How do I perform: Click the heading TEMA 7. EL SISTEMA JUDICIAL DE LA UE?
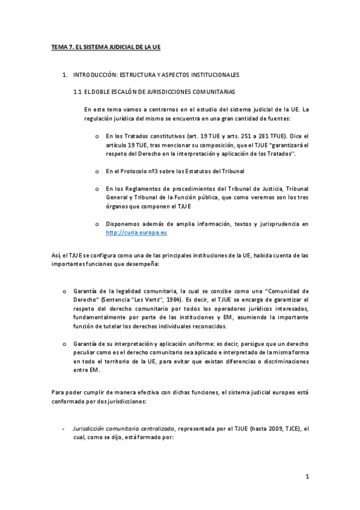106,46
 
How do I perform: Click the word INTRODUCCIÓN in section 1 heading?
94,75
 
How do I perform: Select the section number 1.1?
77,91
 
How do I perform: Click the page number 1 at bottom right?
307,477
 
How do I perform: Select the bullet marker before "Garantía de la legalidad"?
64,290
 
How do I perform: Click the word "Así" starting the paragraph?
55,255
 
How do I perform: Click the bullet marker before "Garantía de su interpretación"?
64,343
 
